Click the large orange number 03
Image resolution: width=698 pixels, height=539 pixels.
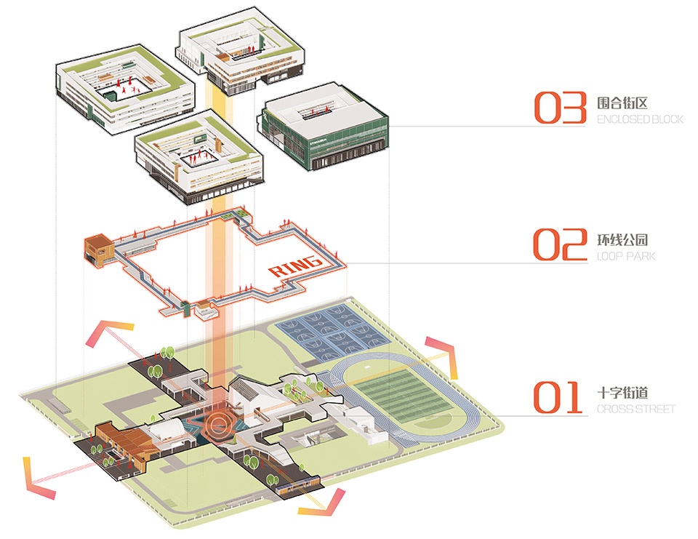coord(561,107)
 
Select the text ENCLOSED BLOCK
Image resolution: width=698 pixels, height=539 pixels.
coord(640,119)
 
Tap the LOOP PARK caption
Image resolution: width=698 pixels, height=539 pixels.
coord(626,256)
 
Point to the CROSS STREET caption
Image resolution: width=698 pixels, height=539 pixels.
coord(635,409)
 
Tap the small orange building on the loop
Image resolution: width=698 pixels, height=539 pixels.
coord(97,248)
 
